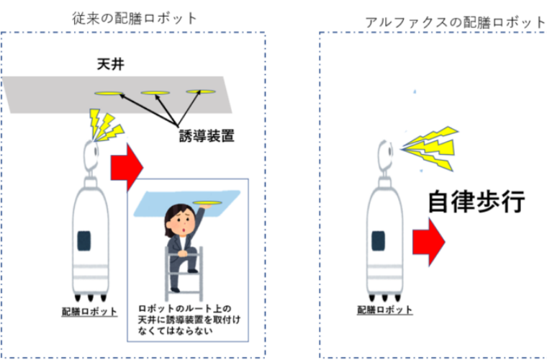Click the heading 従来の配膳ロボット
[x=135, y=18]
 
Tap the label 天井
[x=112, y=65]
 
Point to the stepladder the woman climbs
[x=183, y=270]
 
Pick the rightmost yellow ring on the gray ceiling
[x=201, y=91]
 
